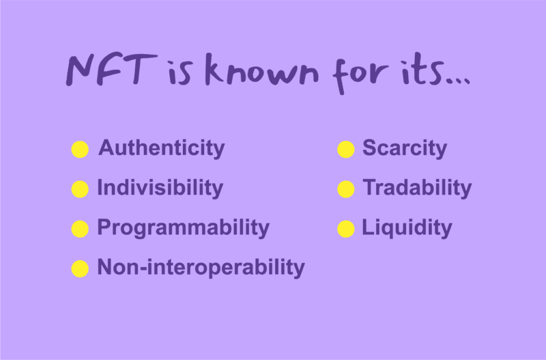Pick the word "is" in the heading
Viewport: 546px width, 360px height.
[x=179, y=72]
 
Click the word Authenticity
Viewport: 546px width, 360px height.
[x=162, y=149]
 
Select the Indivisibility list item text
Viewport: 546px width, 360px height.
[x=160, y=188]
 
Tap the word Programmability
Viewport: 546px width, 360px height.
[x=184, y=228]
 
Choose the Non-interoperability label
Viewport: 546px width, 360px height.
[x=201, y=268]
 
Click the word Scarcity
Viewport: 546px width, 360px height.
[x=405, y=149]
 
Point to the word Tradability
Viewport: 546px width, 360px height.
[x=417, y=188]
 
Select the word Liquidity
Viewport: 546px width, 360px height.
[x=407, y=228]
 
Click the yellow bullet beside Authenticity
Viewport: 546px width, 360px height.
[x=80, y=150]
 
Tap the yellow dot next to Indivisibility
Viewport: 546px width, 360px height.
[x=80, y=189]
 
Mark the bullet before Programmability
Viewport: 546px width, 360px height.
[x=80, y=229]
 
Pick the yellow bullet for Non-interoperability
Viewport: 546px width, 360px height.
[x=80, y=268]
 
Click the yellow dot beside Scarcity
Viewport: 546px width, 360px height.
[x=346, y=150]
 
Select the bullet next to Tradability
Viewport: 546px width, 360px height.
[x=346, y=189]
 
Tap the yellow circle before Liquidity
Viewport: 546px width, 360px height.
[x=346, y=229]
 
